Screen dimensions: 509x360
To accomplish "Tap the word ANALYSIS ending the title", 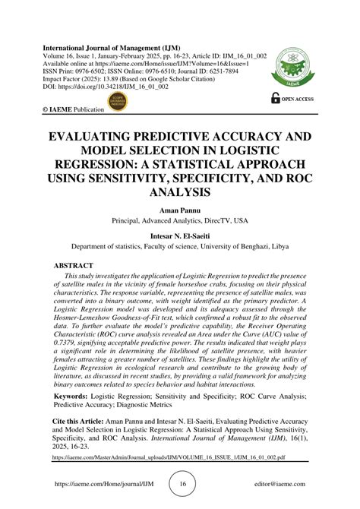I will [x=180, y=194].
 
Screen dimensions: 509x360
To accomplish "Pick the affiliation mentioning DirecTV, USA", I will [x=180, y=223].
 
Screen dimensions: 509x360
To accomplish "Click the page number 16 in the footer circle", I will [x=182, y=484].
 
